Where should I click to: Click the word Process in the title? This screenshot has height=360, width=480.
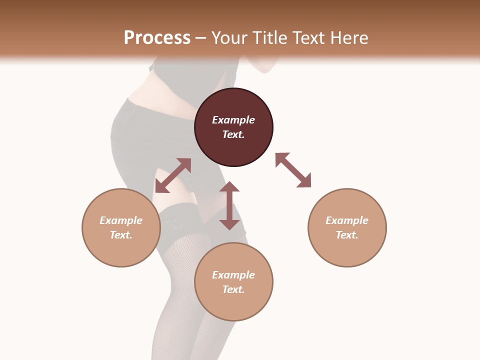(157, 38)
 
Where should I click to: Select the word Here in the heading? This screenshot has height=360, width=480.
(348, 38)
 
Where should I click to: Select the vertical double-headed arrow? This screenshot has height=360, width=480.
(229, 205)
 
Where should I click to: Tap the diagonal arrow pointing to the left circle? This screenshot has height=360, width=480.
(173, 175)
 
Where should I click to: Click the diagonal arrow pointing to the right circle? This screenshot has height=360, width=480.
(293, 170)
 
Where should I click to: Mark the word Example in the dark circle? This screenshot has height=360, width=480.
(233, 120)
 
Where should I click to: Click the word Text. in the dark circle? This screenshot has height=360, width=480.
(233, 134)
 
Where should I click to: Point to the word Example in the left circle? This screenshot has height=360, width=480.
(121, 220)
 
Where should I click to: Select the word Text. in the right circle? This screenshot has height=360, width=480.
(347, 235)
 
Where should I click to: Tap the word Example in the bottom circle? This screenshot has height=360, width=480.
(233, 275)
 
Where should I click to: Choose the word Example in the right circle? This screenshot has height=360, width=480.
(347, 220)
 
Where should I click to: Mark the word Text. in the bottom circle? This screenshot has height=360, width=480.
(233, 289)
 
